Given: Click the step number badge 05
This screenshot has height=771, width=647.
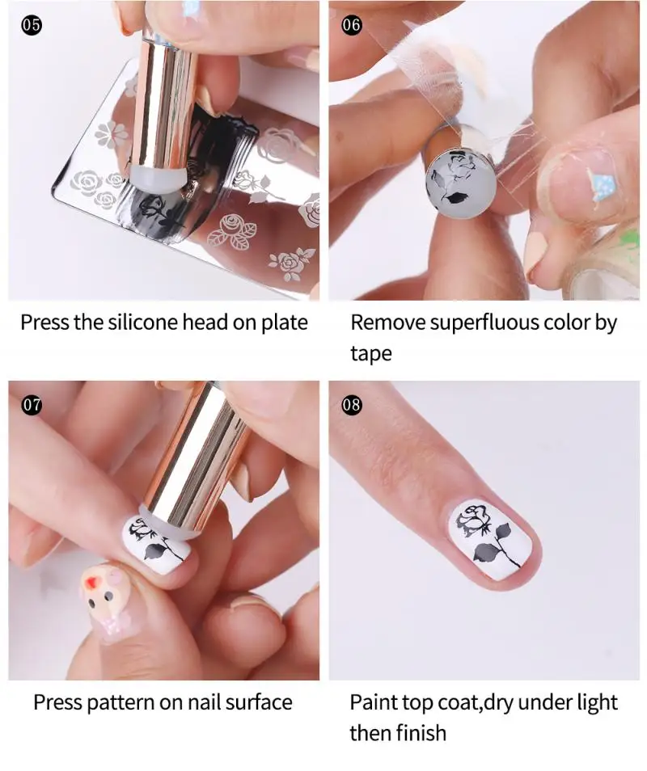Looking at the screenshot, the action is (32, 25).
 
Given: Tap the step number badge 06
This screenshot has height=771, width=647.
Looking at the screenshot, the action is (351, 25).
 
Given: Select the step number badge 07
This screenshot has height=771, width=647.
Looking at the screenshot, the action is (32, 405).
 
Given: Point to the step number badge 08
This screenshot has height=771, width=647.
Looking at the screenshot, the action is (351, 405).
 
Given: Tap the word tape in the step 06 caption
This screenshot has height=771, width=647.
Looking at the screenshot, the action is (371, 354).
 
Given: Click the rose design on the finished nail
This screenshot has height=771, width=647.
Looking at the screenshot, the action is (482, 535).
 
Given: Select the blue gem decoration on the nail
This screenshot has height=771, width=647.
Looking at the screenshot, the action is (603, 187).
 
